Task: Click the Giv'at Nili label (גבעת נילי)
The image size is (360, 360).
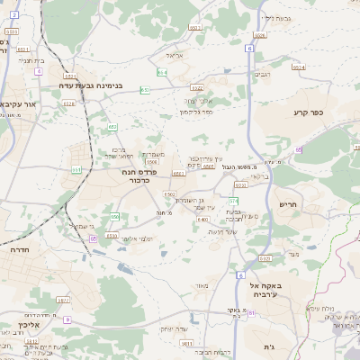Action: coord(274,18)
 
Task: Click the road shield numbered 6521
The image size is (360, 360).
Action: coord(23,49)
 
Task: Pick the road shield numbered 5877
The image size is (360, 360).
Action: coord(62,300)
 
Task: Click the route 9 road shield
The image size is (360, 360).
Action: coord(67,319)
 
